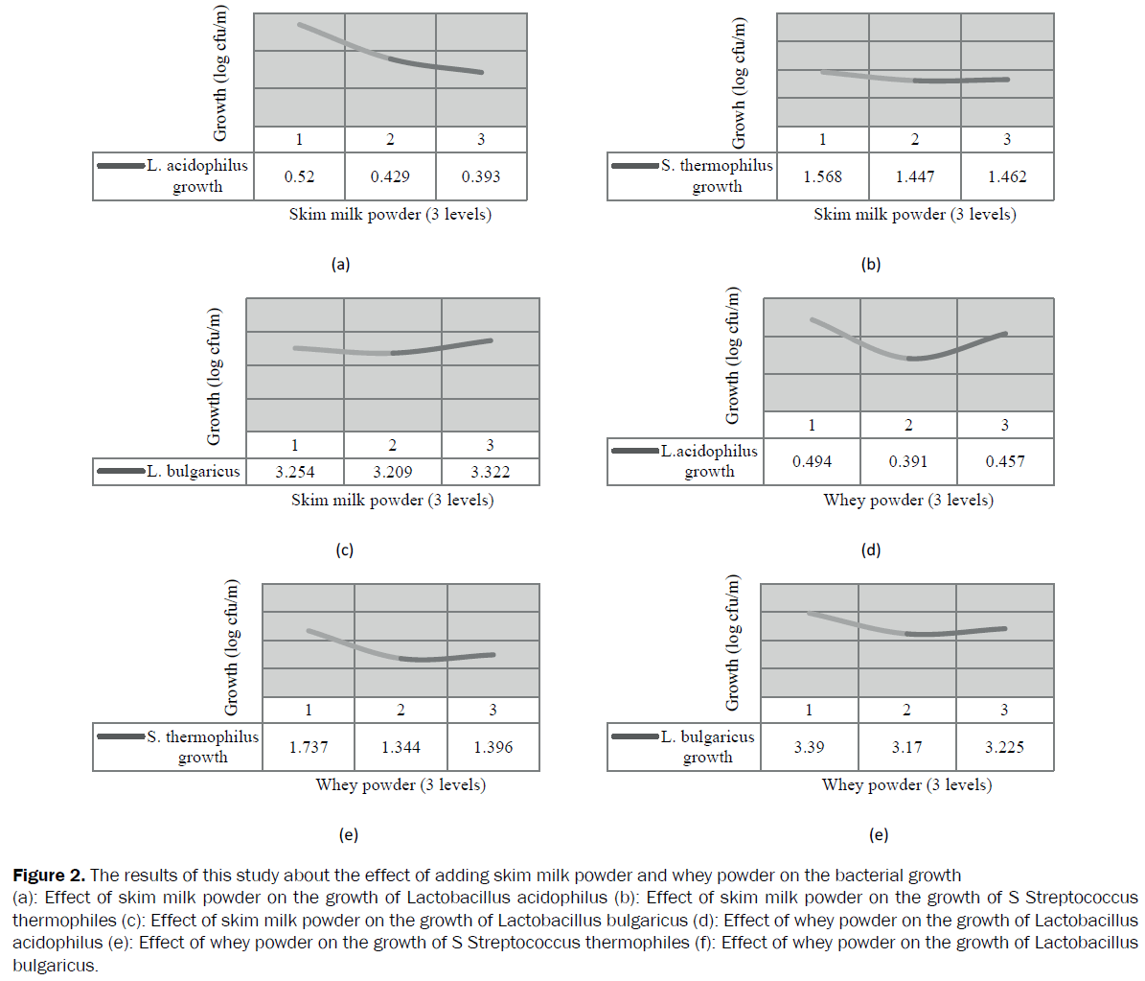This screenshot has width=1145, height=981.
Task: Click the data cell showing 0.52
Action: [x=299, y=176]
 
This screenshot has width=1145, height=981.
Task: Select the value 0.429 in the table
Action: [x=390, y=176]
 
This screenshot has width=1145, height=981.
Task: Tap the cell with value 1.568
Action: [x=822, y=176]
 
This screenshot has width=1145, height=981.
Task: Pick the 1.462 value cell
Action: [x=1007, y=176]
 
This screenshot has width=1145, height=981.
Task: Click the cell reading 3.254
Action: [x=295, y=472]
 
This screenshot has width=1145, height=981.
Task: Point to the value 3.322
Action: [x=490, y=472]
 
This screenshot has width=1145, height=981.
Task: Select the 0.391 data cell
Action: [x=908, y=461]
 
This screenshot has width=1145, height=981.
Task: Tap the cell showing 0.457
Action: [x=1005, y=461]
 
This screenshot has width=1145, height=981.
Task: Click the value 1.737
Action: [x=309, y=747]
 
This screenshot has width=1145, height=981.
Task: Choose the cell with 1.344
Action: [x=401, y=747]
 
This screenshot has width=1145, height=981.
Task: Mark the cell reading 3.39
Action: [x=809, y=747]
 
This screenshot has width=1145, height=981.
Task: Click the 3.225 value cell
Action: [x=1004, y=747]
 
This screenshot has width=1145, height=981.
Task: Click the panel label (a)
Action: [x=340, y=265]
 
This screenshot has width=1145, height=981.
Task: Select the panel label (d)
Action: [x=871, y=549]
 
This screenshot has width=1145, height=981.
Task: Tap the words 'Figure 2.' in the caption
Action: [x=49, y=875]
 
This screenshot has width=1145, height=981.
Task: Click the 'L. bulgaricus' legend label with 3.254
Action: [x=194, y=471]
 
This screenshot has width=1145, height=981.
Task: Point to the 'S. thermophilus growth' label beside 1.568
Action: [x=717, y=175]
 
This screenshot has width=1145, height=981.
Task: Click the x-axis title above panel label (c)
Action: [x=392, y=500]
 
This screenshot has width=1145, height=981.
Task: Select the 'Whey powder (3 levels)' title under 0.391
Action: [x=908, y=500]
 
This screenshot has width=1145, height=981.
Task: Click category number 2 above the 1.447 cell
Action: [x=914, y=140]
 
